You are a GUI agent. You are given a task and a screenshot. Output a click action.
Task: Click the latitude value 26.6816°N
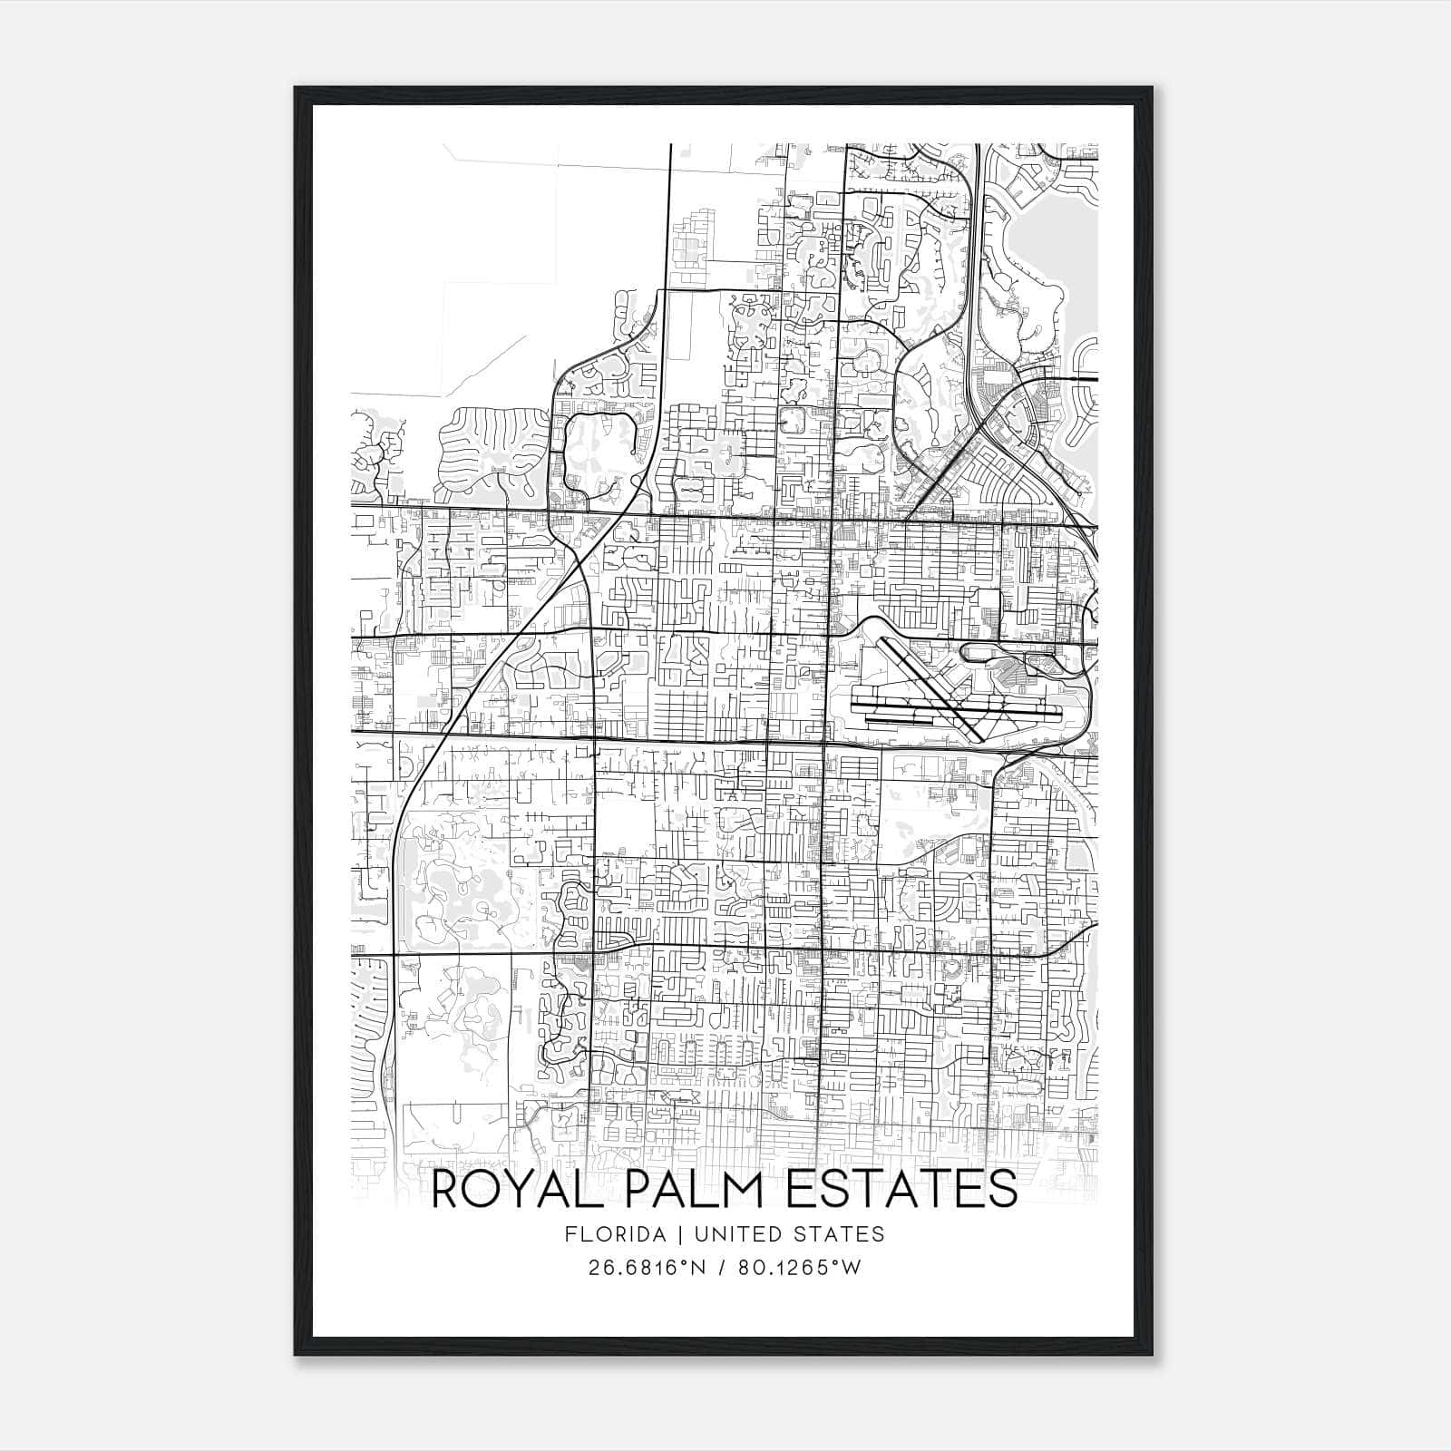(647, 1268)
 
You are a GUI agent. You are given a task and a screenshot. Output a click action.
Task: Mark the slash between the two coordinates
(722, 1268)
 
